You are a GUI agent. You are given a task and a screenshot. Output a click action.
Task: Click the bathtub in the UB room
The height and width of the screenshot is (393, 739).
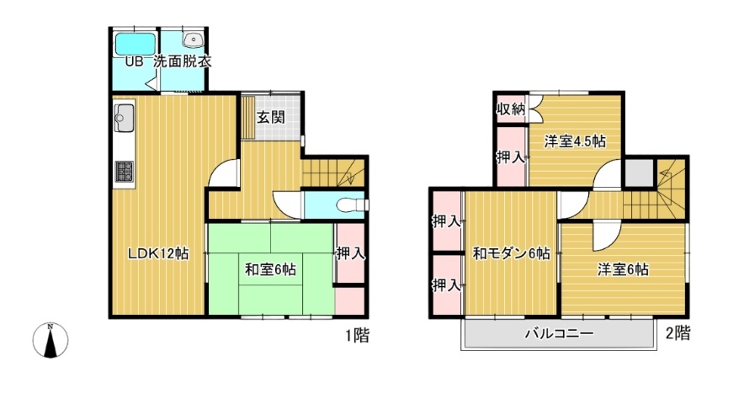(x=136, y=45)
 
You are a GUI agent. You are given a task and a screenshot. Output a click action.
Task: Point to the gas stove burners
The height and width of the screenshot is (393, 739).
(x=125, y=171)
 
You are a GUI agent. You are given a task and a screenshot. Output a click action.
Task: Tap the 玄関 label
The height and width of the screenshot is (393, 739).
(x=270, y=117)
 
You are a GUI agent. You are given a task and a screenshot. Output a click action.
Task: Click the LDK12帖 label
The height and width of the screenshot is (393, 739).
(x=159, y=253)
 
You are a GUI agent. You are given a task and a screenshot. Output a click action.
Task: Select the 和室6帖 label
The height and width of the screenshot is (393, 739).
(x=270, y=269)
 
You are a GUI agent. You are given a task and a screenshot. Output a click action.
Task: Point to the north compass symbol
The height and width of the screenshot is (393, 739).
(x=51, y=340)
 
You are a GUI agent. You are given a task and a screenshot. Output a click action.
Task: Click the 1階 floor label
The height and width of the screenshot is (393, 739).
(x=357, y=336)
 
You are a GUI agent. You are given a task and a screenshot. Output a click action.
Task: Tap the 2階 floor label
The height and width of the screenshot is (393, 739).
(x=678, y=333)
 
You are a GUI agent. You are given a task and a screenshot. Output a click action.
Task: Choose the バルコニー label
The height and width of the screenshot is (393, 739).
(x=559, y=335)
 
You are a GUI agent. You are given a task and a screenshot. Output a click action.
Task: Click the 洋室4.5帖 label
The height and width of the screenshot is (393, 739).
(x=575, y=141)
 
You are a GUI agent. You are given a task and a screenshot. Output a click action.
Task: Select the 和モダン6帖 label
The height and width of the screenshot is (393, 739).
(x=512, y=254)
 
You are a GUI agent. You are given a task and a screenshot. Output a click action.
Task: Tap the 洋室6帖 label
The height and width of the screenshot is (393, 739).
(x=623, y=269)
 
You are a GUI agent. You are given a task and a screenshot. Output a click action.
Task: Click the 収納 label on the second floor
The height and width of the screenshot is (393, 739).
(x=511, y=109)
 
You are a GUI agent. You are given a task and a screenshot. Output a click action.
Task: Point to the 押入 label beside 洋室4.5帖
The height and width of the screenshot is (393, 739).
(x=511, y=157)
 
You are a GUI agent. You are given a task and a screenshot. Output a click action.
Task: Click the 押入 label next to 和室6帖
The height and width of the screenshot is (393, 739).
(x=351, y=254)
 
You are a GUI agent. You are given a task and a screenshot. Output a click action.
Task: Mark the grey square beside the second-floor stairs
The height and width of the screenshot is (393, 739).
(x=640, y=173)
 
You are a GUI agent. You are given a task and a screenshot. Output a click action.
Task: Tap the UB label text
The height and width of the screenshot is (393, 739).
(x=134, y=61)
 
